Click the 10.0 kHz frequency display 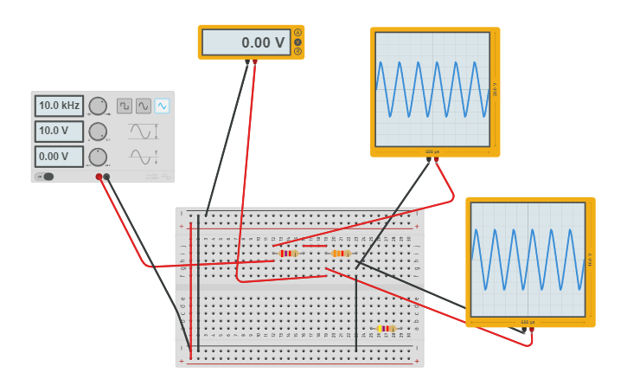[59, 106]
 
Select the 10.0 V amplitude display [59, 132]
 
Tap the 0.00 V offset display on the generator [59, 157]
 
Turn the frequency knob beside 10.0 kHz [98, 106]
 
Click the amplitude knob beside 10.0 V [98, 132]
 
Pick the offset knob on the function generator [98, 157]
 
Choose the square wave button [125, 106]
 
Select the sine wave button [144, 106]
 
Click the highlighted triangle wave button [162, 106]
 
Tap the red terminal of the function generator [99, 177]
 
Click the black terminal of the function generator [107, 177]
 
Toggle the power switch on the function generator [46, 177]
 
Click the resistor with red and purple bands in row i [288, 254]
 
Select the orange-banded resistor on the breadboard [341, 254]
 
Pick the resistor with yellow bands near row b [387, 329]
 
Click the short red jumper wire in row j [315, 246]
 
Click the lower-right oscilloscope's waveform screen [528, 260]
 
